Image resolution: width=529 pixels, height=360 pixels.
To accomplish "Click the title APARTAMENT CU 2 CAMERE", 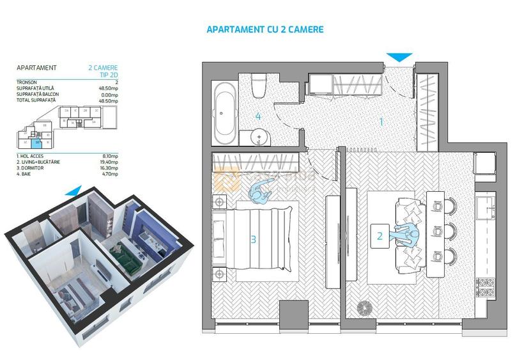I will (265, 29).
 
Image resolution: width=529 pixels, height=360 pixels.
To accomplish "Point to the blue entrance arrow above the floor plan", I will (401, 58).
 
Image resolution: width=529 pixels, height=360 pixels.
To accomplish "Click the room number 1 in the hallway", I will (381, 120).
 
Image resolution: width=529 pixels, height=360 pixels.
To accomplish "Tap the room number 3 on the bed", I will (254, 240).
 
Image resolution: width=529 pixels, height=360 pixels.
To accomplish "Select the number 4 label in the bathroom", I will (258, 116).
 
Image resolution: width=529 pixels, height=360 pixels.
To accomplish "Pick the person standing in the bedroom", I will (261, 191).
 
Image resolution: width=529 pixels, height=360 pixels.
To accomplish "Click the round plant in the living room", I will (364, 308).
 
